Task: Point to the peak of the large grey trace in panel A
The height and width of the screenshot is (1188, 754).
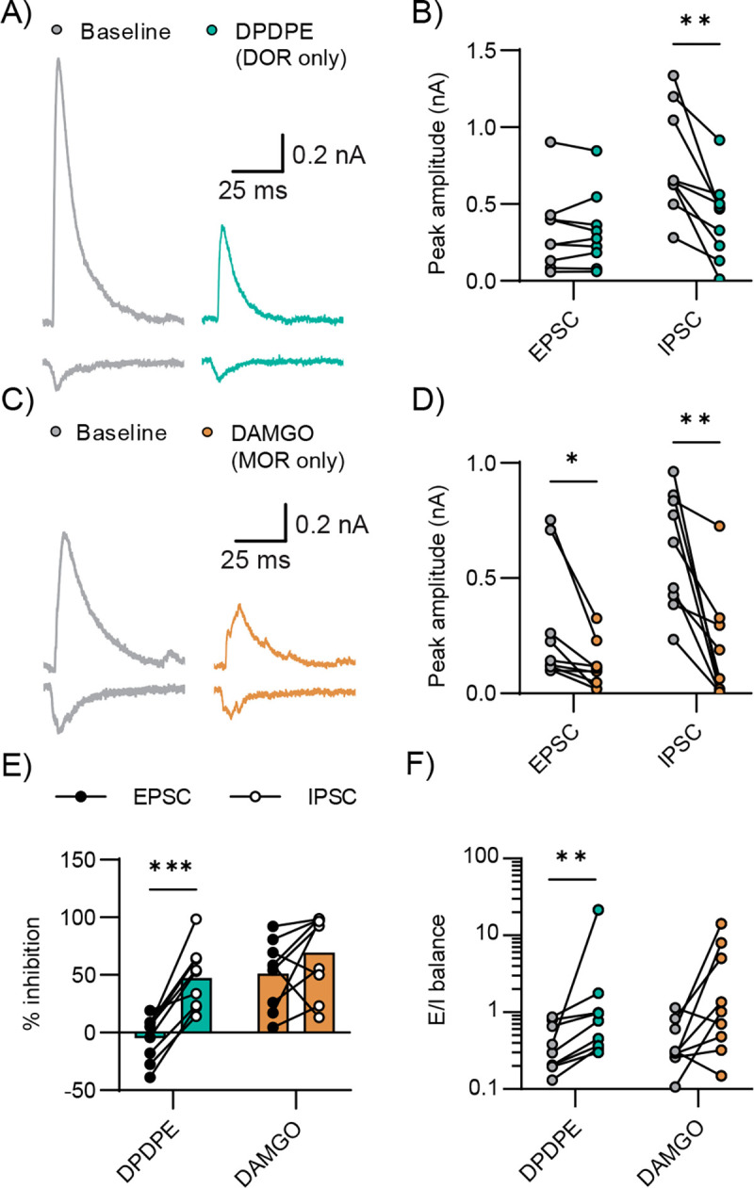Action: click(x=59, y=60)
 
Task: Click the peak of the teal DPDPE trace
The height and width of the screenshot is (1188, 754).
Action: click(x=222, y=226)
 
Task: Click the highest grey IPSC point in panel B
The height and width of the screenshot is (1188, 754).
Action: click(x=648, y=75)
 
